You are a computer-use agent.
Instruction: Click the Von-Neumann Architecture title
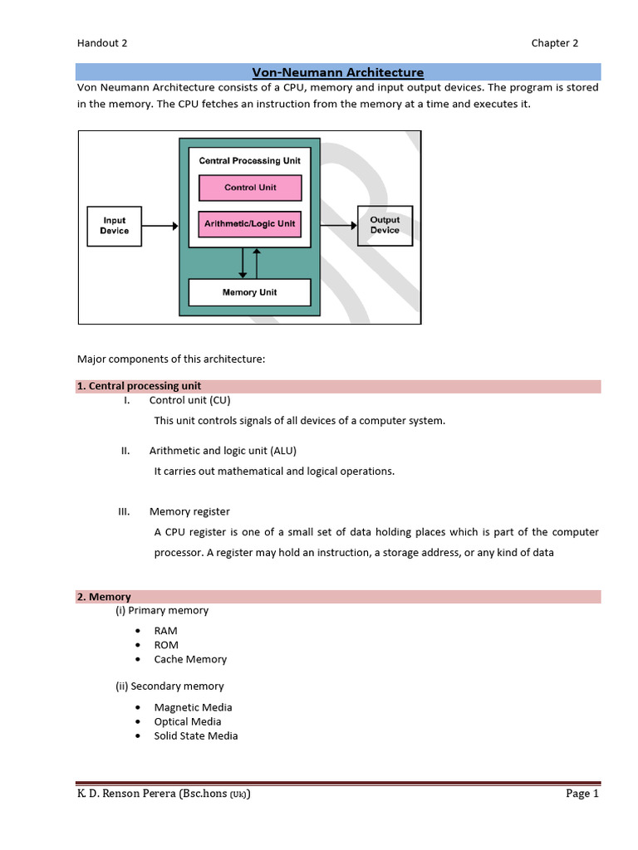[x=337, y=72]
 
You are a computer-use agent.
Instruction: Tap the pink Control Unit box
[x=250, y=188]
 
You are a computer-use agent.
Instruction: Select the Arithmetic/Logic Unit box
[x=250, y=223]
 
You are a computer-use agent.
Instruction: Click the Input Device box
[x=115, y=226]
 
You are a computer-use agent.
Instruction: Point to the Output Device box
[x=385, y=225]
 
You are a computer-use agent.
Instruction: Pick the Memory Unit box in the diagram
[x=249, y=292]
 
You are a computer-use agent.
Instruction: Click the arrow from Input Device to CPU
[x=159, y=226]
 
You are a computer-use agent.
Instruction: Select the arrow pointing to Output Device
[x=338, y=224]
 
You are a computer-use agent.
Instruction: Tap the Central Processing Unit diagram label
[x=249, y=160]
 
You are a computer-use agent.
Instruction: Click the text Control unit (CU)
[x=189, y=400]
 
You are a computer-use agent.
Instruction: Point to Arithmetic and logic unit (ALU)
[x=223, y=451]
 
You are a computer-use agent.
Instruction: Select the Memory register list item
[x=189, y=511]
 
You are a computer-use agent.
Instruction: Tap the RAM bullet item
[x=165, y=631]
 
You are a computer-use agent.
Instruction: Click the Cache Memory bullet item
[x=190, y=659]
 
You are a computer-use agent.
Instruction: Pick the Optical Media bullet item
[x=188, y=721]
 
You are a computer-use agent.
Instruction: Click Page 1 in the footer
[x=582, y=794]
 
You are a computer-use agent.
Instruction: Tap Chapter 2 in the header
[x=555, y=43]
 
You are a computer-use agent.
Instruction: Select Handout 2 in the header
[x=102, y=43]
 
